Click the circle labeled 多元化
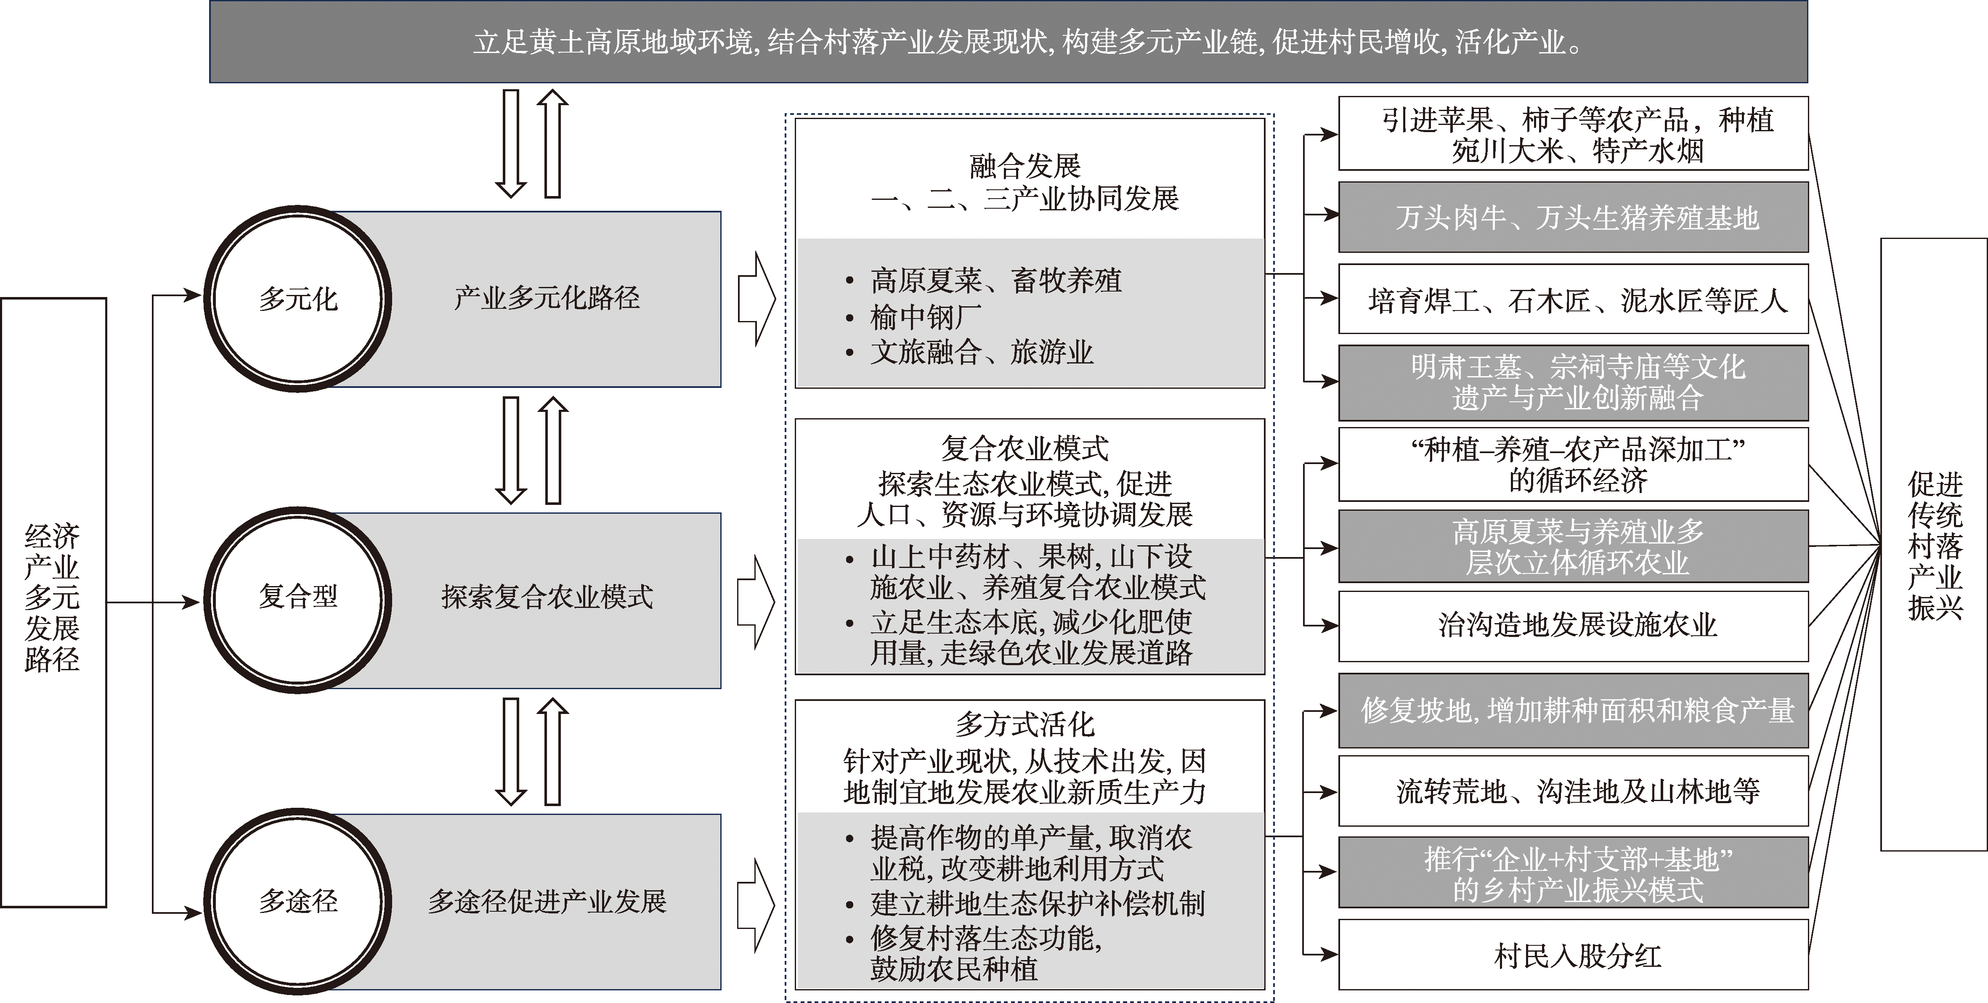click(x=298, y=300)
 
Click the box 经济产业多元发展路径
click(x=53, y=602)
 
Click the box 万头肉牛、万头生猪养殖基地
click(x=1573, y=218)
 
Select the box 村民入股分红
click(x=1573, y=955)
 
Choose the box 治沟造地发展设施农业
click(x=1573, y=625)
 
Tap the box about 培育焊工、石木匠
click(x=1573, y=300)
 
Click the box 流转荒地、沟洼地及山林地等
click(x=1573, y=791)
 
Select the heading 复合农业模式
click(x=1025, y=448)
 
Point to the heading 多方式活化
click(x=1025, y=724)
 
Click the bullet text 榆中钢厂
click(x=926, y=316)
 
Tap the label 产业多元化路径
click(x=547, y=298)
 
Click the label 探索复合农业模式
click(x=547, y=597)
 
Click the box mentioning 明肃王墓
click(x=1573, y=383)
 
